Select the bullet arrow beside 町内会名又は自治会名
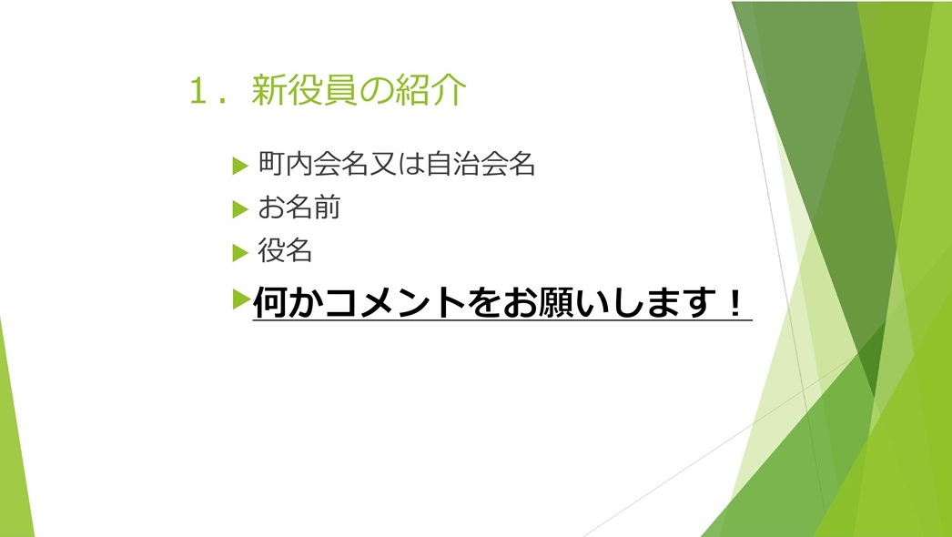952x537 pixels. pyautogui.click(x=240, y=166)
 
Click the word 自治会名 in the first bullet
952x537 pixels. pyautogui.click(x=481, y=164)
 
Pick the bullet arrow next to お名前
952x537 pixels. pyautogui.click(x=240, y=209)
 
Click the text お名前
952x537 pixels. pyautogui.click(x=299, y=208)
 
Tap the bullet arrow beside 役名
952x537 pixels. pyautogui.click(x=240, y=252)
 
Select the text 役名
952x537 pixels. pyautogui.click(x=286, y=250)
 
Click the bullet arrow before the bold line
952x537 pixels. pyautogui.click(x=242, y=299)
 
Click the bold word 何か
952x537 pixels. pyautogui.click(x=288, y=302)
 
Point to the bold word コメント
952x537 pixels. pyautogui.click(x=395, y=302)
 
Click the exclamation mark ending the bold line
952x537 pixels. pyautogui.click(x=735, y=302)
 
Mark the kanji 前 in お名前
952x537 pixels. pyautogui.click(x=327, y=208)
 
